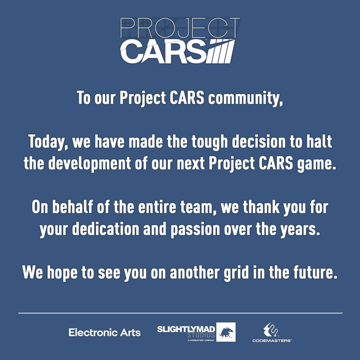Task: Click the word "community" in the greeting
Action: (245, 98)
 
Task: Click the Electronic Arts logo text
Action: (104, 332)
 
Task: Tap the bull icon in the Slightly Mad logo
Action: (226, 332)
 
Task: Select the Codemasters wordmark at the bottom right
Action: (272, 340)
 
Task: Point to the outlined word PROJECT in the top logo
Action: (180, 28)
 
